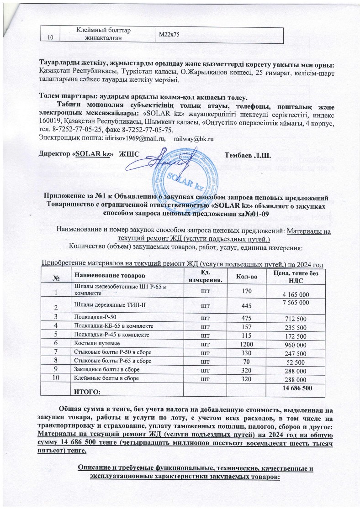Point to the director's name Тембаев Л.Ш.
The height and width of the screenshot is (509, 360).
coord(248,155)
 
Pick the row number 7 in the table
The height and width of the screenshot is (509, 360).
coord(56,351)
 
